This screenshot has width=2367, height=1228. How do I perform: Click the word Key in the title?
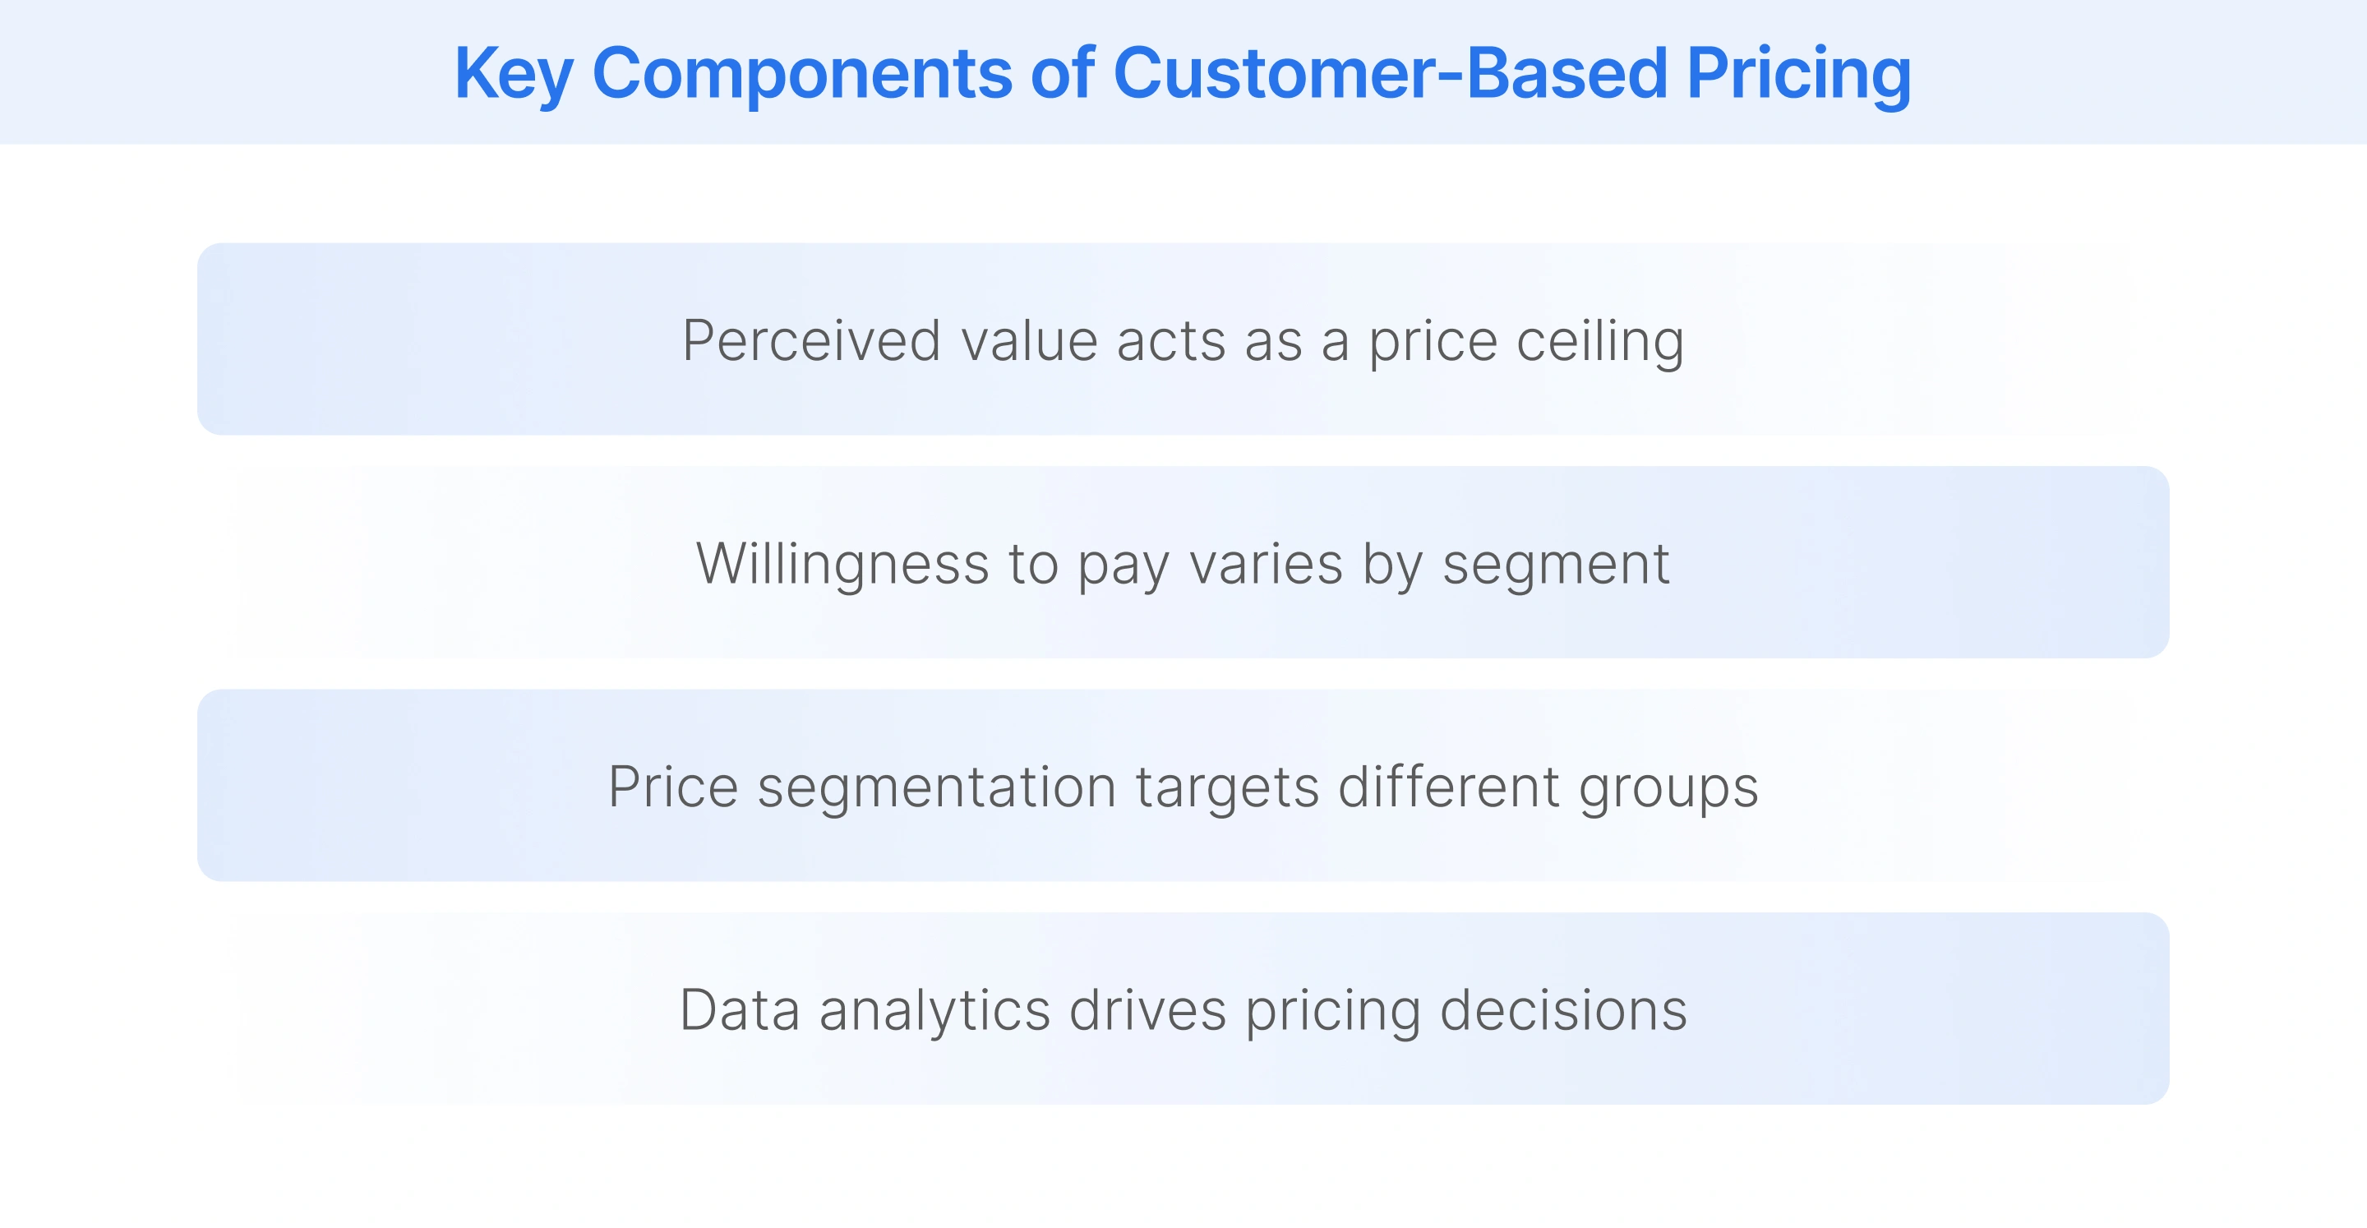pyautogui.click(x=513, y=73)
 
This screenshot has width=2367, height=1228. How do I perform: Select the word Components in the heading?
pyautogui.click(x=801, y=73)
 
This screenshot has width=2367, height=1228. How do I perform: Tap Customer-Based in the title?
pyautogui.click(x=1389, y=73)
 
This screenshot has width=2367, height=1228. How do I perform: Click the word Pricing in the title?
pyautogui.click(x=1798, y=73)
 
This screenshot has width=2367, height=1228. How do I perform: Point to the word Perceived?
pyautogui.click(x=811, y=341)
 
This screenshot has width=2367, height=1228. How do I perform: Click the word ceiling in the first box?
pyautogui.click(x=1599, y=341)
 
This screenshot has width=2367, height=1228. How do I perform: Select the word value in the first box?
pyautogui.click(x=1029, y=341)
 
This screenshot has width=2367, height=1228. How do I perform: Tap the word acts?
pyautogui.click(x=1170, y=341)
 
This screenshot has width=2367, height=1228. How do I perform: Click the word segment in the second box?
pyautogui.click(x=1556, y=566)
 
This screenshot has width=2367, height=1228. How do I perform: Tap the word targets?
pyautogui.click(x=1227, y=787)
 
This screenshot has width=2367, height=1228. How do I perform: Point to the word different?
pyautogui.click(x=1448, y=787)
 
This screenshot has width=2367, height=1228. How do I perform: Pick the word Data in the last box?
pyautogui.click(x=740, y=1010)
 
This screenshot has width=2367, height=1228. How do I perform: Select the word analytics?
pyautogui.click(x=934, y=1010)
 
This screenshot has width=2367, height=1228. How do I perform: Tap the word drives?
pyautogui.click(x=1147, y=1010)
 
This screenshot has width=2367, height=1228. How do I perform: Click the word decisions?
pyautogui.click(x=1563, y=1010)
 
